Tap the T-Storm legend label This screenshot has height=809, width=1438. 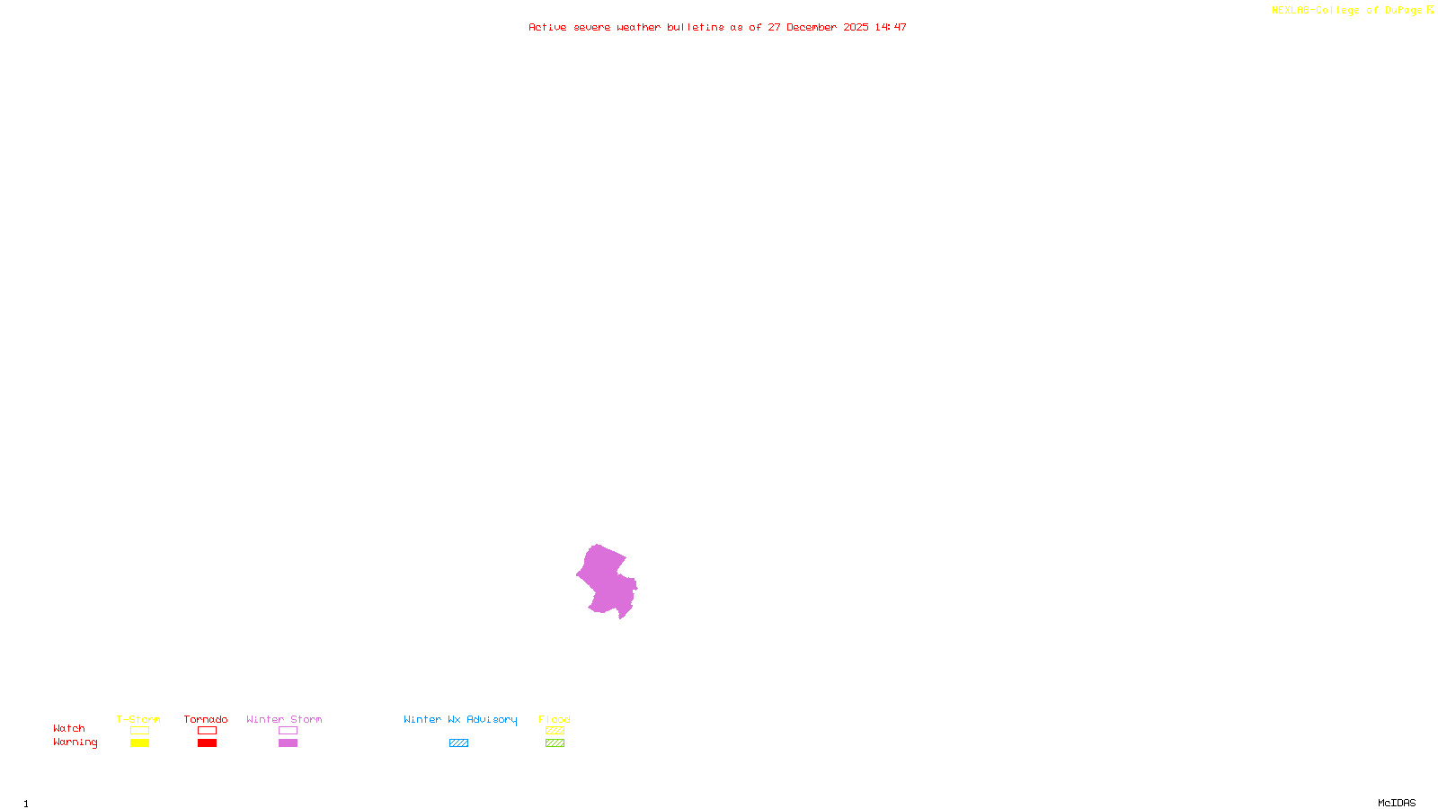coord(138,719)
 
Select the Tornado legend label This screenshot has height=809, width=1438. coord(206,719)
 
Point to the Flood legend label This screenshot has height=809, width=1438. coord(555,719)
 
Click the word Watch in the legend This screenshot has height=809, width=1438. coord(69,728)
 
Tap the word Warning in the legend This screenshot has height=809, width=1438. coord(75,742)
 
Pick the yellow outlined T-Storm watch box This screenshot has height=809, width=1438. coord(139,731)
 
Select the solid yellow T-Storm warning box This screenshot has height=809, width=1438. coord(139,743)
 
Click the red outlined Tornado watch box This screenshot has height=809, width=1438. coord(207,731)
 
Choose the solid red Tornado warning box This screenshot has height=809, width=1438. coord(207,743)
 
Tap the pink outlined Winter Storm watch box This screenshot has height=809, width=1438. coord(288,731)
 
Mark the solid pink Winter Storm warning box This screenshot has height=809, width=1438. coord(288,743)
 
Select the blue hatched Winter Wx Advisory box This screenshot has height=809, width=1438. coord(458,743)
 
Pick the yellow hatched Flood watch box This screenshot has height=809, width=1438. coord(555,731)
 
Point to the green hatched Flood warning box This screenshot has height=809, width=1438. coord(555,743)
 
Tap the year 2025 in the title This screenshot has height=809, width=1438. coord(856,27)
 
